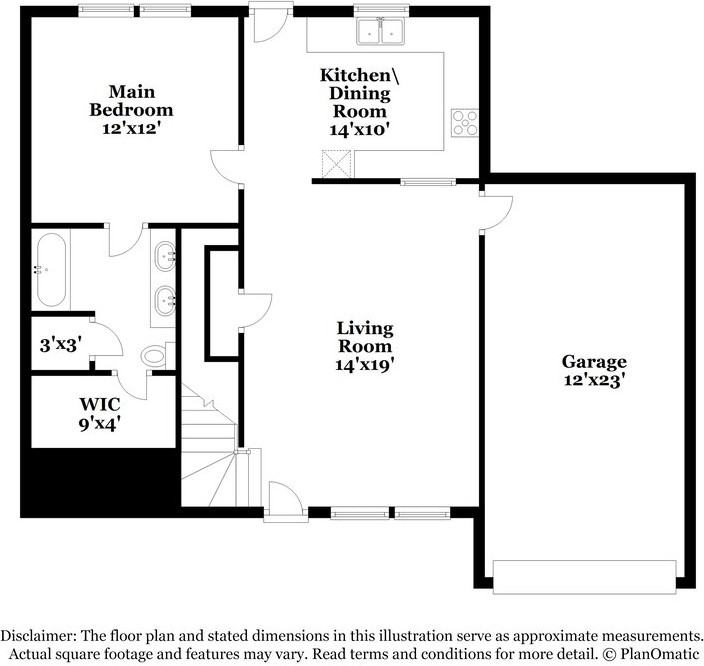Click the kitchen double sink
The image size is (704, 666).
pos(381,31)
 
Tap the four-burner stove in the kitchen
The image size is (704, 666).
pos(465,123)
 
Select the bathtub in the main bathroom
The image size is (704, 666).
pos(51,269)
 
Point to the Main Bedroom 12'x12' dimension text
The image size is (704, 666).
pos(131,128)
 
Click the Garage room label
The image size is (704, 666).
pos(594,361)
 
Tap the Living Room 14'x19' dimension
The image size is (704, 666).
pos(365,365)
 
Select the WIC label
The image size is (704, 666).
pos(100,404)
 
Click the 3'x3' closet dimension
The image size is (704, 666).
pos(61,345)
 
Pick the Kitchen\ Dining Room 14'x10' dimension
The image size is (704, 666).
pos(359,130)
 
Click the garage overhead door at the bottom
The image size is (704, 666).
pos(585,577)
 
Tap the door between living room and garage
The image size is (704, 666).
pos(498,213)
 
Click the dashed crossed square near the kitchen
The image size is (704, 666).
pos(336,163)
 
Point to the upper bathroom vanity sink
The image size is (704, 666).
pos(165,256)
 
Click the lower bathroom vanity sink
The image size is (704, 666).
pos(165,300)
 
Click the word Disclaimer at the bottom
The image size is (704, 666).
pos(38,636)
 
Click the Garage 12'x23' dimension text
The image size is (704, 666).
pos(594,380)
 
